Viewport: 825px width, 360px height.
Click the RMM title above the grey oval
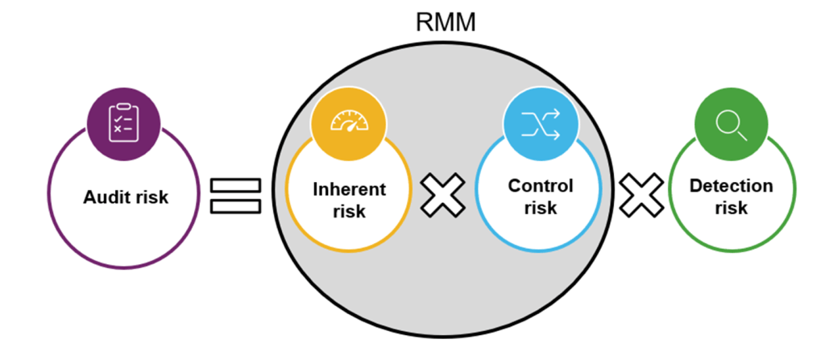(445, 22)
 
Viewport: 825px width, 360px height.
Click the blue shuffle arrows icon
(540, 122)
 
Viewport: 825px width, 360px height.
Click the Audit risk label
(126, 197)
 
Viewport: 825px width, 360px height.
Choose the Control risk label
(541, 197)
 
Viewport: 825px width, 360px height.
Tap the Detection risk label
(731, 197)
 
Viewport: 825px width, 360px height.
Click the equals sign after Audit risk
(236, 197)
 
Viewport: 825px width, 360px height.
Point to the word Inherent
(349, 190)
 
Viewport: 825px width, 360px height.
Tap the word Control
(541, 186)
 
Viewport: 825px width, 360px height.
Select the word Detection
(731, 186)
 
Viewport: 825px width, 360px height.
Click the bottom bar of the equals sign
(236, 207)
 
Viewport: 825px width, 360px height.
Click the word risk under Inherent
(349, 212)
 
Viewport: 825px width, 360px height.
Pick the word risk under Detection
(731, 208)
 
